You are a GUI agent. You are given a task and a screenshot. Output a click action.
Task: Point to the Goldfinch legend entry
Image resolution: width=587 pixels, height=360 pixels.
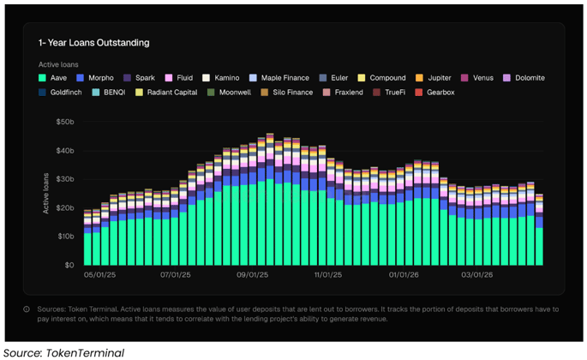(x=66, y=92)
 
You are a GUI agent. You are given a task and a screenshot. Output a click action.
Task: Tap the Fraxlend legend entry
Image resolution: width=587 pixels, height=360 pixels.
(x=349, y=92)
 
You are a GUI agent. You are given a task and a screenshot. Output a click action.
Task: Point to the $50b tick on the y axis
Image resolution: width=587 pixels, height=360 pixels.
(x=66, y=123)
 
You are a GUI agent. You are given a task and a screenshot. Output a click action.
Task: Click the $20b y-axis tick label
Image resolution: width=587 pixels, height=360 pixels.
(x=66, y=208)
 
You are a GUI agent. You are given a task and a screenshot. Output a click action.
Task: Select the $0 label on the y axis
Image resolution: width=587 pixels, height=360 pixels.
(x=70, y=265)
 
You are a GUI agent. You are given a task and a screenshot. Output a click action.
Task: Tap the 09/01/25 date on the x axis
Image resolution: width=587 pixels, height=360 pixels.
(x=252, y=275)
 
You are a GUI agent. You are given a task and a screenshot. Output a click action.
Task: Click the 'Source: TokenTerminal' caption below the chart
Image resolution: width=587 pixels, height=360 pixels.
(x=63, y=352)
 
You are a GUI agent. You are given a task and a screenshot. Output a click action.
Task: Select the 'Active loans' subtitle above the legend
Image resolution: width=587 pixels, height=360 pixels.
(x=57, y=64)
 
